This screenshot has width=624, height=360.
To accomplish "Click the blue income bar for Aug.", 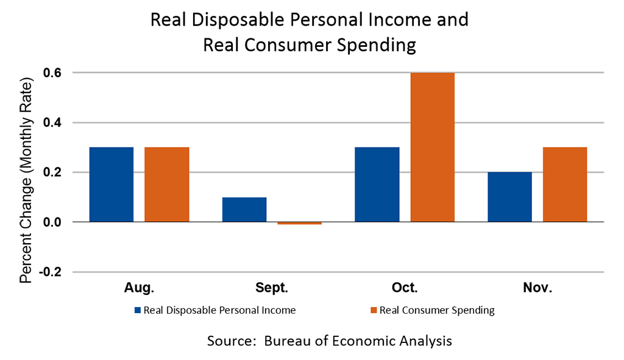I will tap(112, 185).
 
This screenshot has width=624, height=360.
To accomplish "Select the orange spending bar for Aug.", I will tap(167, 185).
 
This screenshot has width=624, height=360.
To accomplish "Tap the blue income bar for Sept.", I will tap(244, 210).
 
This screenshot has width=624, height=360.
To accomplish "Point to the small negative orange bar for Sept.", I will tap(299, 224).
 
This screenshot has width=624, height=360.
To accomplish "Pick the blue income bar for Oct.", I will tap(377, 185).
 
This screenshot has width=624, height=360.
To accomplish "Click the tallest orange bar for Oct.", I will tap(433, 147).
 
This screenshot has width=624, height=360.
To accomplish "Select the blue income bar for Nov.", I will tap(510, 197).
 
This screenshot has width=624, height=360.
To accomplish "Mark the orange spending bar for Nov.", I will tap(565, 185).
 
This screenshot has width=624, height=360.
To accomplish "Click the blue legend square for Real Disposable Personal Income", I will tap(138, 311).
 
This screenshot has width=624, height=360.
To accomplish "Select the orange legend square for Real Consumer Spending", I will tap(374, 311).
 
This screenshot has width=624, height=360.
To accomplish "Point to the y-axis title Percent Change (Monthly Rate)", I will tap(26, 180).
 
